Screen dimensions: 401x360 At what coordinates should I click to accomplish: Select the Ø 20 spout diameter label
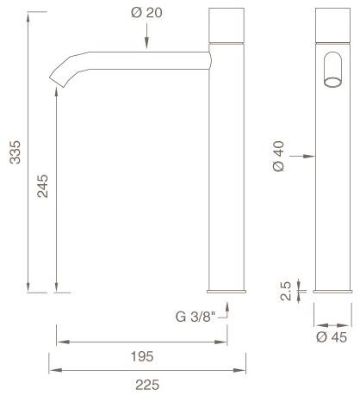pyautogui.click(x=146, y=14)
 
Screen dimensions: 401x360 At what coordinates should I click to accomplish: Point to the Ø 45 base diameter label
pyautogui.click(x=331, y=337)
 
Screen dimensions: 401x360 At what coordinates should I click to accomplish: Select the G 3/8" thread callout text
pyautogui.click(x=195, y=316)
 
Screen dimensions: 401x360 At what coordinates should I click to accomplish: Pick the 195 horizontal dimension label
pyautogui.click(x=141, y=355)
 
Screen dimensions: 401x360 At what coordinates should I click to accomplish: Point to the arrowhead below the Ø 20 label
pyautogui.click(x=146, y=44)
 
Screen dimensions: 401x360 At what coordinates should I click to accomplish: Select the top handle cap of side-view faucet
pyautogui.click(x=228, y=24)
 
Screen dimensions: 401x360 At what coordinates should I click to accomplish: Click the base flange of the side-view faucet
pyautogui.click(x=228, y=293)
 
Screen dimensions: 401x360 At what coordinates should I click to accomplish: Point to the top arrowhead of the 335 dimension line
pyautogui.click(x=28, y=15)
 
